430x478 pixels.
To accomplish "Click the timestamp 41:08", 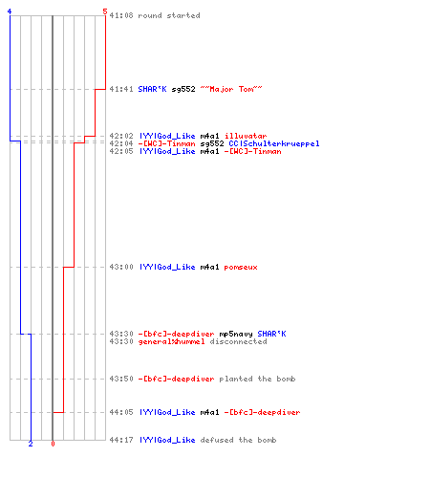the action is tap(121, 15).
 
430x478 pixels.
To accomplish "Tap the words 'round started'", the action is tap(169, 15).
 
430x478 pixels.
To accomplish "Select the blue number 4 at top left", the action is tap(10, 11).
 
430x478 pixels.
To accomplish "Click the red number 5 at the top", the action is tap(105, 11).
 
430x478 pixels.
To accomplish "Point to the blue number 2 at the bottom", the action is tap(31, 444).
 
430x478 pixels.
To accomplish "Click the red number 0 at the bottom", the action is tap(53, 444).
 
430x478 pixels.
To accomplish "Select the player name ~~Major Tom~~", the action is tap(231, 89).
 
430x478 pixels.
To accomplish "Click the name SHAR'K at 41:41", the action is tap(152, 89).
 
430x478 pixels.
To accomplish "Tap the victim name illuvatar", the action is tap(246, 136).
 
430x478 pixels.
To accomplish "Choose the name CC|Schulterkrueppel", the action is tap(274, 143).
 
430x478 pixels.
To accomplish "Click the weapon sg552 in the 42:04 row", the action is tap(212, 143).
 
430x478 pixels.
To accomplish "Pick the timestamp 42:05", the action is tap(121, 151).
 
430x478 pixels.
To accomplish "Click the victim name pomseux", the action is tap(241, 267).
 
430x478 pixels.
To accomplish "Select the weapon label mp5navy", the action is tap(236, 334).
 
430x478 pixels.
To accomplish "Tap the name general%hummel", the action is tap(171, 341).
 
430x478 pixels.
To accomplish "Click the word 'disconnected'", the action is tap(238, 341).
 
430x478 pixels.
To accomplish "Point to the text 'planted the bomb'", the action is tap(257, 379).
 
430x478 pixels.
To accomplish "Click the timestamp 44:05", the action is tap(121, 412).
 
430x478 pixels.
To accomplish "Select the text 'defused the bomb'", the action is tap(238, 440).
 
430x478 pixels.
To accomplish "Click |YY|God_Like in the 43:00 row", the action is tap(167, 267).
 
